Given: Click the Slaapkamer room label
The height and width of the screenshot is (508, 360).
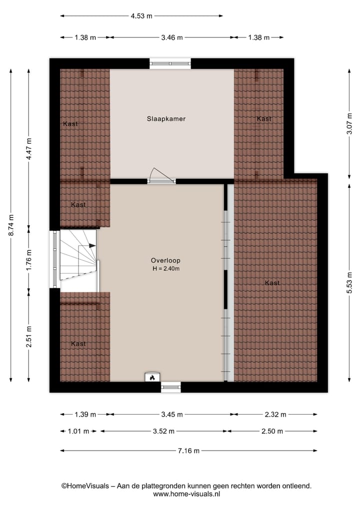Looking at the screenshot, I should (166, 119).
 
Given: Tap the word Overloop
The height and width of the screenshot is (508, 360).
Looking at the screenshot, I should (165, 260).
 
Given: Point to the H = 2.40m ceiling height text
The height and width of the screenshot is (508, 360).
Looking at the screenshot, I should (166, 269).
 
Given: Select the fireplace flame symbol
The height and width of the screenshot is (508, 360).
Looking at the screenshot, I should (152, 378).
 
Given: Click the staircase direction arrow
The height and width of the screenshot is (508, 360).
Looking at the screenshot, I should (92, 245).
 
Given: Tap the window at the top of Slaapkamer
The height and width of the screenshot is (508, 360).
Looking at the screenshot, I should (170, 63).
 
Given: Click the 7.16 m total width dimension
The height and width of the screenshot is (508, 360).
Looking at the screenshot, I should (188, 451).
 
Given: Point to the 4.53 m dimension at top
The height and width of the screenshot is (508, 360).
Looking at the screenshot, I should (141, 16).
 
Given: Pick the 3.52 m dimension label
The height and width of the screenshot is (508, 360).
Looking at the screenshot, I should (164, 432).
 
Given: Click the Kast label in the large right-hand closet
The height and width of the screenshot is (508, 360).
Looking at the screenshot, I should (272, 283).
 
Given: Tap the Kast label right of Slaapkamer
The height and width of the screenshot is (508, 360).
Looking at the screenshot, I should (264, 119).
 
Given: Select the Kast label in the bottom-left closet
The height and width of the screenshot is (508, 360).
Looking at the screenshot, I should (78, 344).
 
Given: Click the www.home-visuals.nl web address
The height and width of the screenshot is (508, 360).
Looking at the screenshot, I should (186, 494).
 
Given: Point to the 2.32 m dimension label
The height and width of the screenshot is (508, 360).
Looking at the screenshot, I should (276, 415).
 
